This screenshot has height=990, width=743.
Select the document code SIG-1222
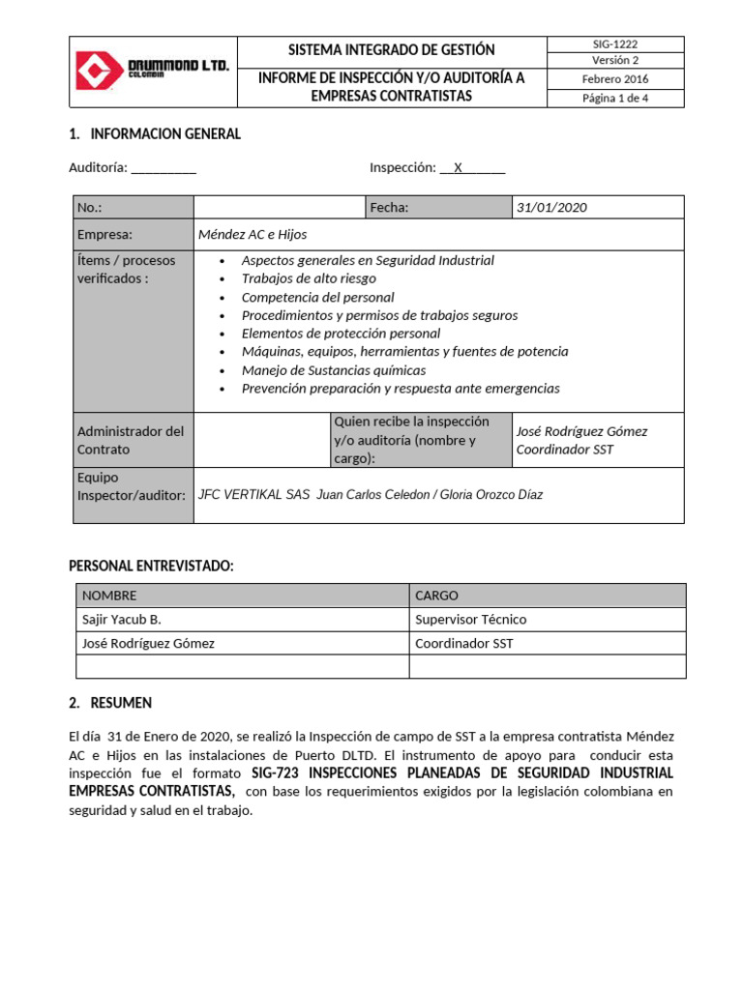click(615, 44)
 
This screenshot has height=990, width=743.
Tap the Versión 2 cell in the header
click(615, 61)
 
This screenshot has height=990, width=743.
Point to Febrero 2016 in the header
click(615, 79)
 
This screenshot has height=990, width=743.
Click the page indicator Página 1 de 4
click(615, 98)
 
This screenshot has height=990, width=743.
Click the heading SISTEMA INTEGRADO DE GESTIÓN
click(391, 50)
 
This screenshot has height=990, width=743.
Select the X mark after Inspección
click(458, 167)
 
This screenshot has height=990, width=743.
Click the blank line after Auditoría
click(163, 168)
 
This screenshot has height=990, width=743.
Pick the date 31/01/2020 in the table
click(551, 208)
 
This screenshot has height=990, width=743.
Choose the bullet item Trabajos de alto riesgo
click(309, 278)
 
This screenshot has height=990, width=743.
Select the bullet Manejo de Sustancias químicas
click(333, 370)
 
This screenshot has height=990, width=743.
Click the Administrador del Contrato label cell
click(132, 440)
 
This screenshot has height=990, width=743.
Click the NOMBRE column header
click(109, 596)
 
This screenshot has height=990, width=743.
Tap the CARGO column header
click(436, 596)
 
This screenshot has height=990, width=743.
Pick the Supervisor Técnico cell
click(470, 620)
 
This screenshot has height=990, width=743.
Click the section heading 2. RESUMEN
click(110, 703)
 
